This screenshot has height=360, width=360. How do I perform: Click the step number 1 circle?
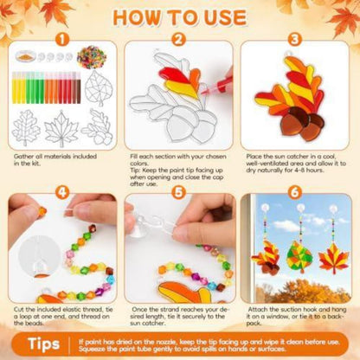62,40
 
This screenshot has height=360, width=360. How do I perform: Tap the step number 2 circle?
178,40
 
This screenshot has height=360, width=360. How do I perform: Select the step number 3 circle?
294,40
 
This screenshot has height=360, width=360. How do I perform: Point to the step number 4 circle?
62,193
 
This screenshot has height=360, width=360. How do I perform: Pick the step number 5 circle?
178,193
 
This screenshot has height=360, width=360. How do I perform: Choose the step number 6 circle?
294,193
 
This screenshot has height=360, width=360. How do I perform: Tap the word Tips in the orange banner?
43,344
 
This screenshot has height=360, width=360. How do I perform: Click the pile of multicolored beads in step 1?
92,57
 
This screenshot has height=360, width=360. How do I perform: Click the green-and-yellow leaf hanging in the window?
299,257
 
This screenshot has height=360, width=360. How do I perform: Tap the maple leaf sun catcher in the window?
333,259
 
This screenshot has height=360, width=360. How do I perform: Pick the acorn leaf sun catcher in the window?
266,257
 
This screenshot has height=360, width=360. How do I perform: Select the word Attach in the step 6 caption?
257,310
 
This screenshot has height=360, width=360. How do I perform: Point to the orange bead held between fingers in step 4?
42,211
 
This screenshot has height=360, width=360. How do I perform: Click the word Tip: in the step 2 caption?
136,170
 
